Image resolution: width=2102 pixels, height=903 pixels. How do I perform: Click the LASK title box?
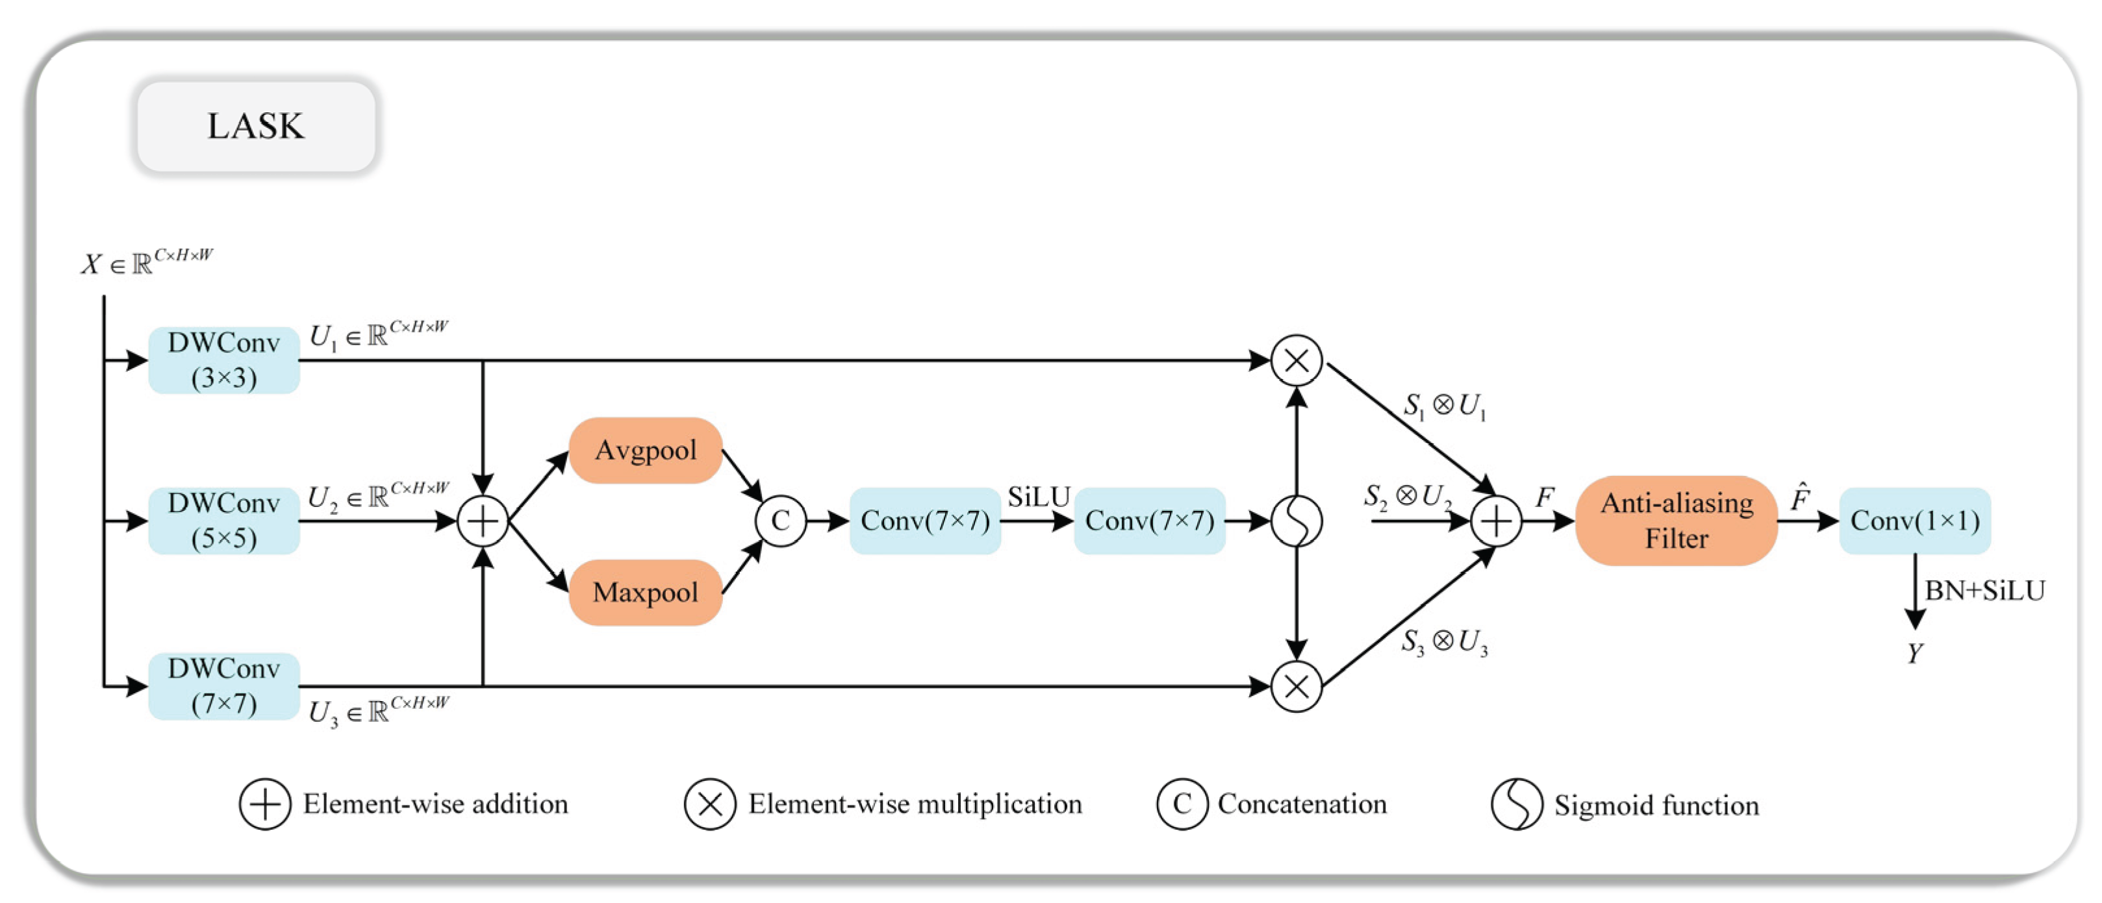tap(256, 126)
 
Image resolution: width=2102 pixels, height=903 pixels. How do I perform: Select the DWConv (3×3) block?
tap(223, 360)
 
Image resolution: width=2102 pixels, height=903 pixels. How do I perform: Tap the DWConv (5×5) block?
tap(223, 521)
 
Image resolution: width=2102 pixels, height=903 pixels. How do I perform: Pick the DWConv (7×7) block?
tap(223, 686)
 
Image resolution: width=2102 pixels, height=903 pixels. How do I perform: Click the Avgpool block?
tap(646, 451)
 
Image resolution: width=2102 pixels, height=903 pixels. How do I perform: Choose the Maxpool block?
tap(646, 592)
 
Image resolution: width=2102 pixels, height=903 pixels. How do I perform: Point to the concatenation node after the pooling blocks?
tap(781, 521)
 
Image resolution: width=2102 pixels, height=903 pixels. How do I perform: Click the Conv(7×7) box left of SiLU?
tap(926, 521)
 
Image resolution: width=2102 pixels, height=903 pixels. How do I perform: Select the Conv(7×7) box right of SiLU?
tap(1150, 521)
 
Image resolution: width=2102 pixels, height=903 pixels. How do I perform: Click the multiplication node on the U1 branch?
tap(1297, 360)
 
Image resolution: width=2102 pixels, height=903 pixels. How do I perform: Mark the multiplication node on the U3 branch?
tap(1297, 686)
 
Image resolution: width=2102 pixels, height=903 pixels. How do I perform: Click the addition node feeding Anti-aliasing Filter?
tap(1496, 521)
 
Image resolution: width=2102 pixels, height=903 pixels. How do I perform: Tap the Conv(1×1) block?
tap(1915, 521)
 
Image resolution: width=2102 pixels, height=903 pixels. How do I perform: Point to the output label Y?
tap(1915, 652)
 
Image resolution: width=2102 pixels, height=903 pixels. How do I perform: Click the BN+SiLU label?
tap(1984, 591)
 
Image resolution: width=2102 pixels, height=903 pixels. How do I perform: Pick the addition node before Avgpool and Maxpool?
tap(483, 521)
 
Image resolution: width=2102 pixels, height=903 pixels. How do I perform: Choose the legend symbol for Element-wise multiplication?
tap(710, 804)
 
